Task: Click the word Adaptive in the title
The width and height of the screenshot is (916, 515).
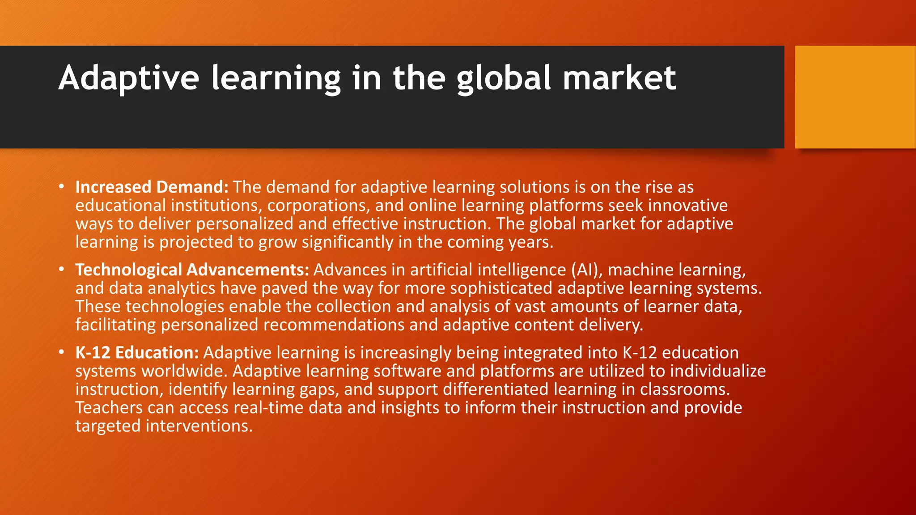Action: (129, 79)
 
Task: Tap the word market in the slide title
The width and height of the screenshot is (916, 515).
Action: (619, 79)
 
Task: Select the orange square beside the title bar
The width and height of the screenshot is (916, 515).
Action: (855, 97)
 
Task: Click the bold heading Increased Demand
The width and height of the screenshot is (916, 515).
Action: (152, 187)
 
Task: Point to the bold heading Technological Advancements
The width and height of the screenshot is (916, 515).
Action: (192, 270)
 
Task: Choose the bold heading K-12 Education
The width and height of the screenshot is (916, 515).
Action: (137, 352)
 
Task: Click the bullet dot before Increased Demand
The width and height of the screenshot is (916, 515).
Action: (61, 186)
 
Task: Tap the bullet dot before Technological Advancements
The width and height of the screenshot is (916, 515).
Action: (61, 269)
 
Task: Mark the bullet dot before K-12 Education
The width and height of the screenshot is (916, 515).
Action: (61, 352)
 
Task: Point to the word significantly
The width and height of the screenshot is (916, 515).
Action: (348, 242)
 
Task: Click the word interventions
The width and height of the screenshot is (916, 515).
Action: (199, 426)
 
